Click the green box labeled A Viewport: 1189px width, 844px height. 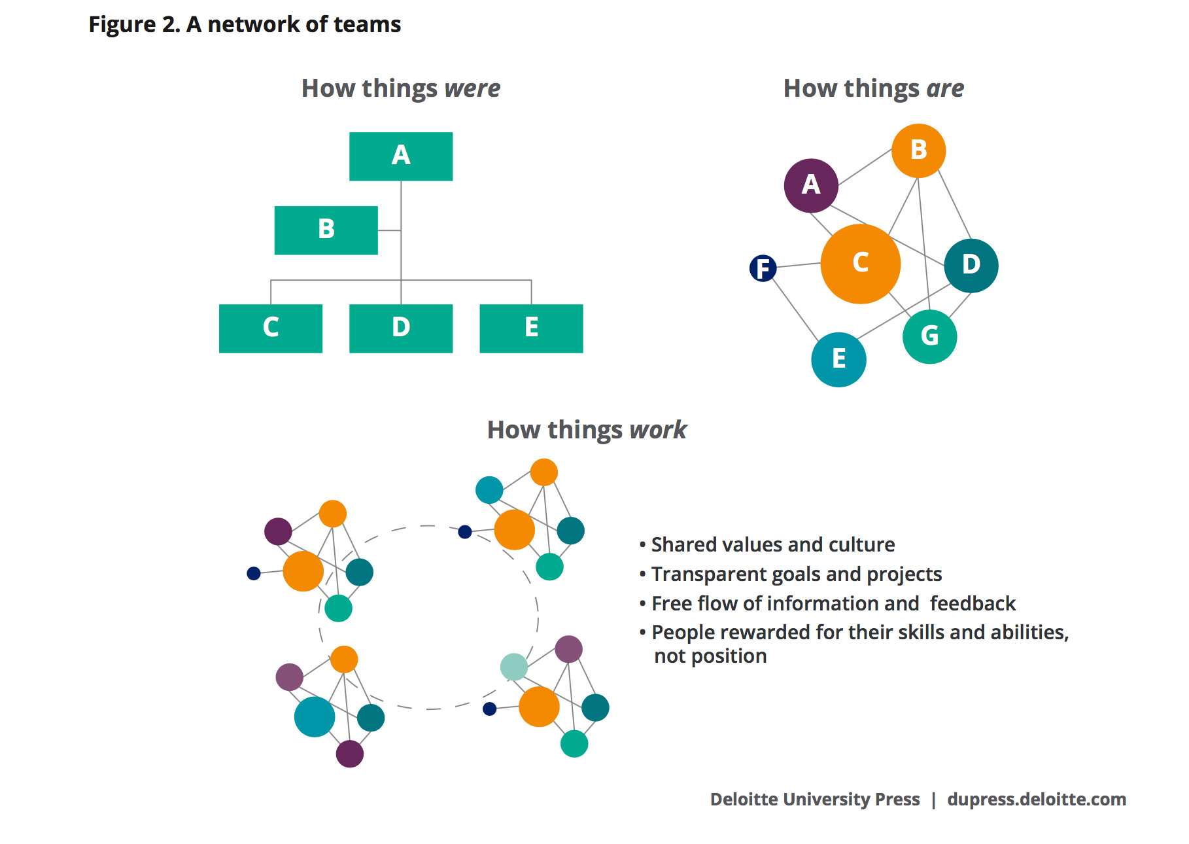coord(400,156)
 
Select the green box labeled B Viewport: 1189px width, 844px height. coord(326,230)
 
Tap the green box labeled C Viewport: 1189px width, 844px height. coord(270,328)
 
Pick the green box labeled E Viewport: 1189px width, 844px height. coord(530,328)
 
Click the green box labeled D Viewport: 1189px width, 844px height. coord(400,328)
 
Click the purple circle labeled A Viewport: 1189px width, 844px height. coord(810,186)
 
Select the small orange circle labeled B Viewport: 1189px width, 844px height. coord(918,150)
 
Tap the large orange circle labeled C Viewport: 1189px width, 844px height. coord(860,264)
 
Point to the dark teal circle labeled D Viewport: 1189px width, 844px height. coord(971,265)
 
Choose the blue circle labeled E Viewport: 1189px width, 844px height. coord(838,359)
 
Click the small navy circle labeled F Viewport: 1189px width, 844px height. coord(763,268)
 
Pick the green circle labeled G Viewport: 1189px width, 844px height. coord(929,336)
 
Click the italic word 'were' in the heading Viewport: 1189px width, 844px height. coord(472,88)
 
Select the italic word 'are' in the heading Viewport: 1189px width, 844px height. coord(944,88)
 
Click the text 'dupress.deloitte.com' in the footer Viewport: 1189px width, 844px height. coord(1036,799)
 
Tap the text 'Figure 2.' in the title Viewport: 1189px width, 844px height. coord(134,25)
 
